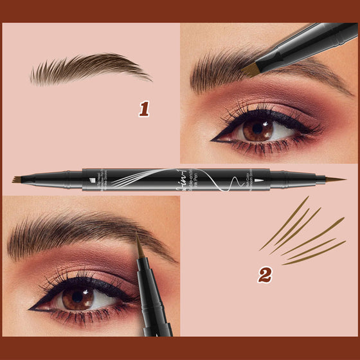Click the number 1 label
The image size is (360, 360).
[x=143, y=109]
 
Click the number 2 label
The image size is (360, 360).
[x=264, y=275]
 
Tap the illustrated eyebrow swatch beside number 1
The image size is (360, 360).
[x=90, y=69]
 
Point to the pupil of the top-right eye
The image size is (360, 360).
[x=258, y=128]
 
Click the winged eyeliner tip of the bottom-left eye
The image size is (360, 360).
[x=31, y=307]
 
